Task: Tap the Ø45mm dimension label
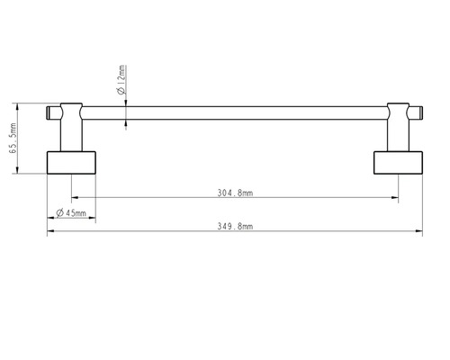[71, 212]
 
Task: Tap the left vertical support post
[71, 135]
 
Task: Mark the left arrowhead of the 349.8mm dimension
[50, 232]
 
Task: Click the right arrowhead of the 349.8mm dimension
[418, 232]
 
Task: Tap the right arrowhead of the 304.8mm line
[395, 197]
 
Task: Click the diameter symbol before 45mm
[58, 212]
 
